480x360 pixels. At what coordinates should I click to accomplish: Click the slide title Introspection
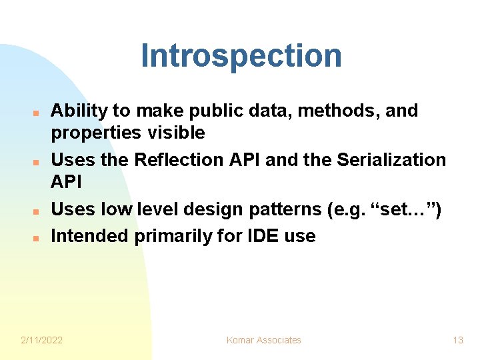241,56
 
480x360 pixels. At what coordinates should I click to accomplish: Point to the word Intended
91,236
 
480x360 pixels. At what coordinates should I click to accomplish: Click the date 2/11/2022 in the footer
42,340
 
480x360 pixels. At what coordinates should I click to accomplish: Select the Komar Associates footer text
264,340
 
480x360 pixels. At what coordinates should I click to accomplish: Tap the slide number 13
457,340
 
